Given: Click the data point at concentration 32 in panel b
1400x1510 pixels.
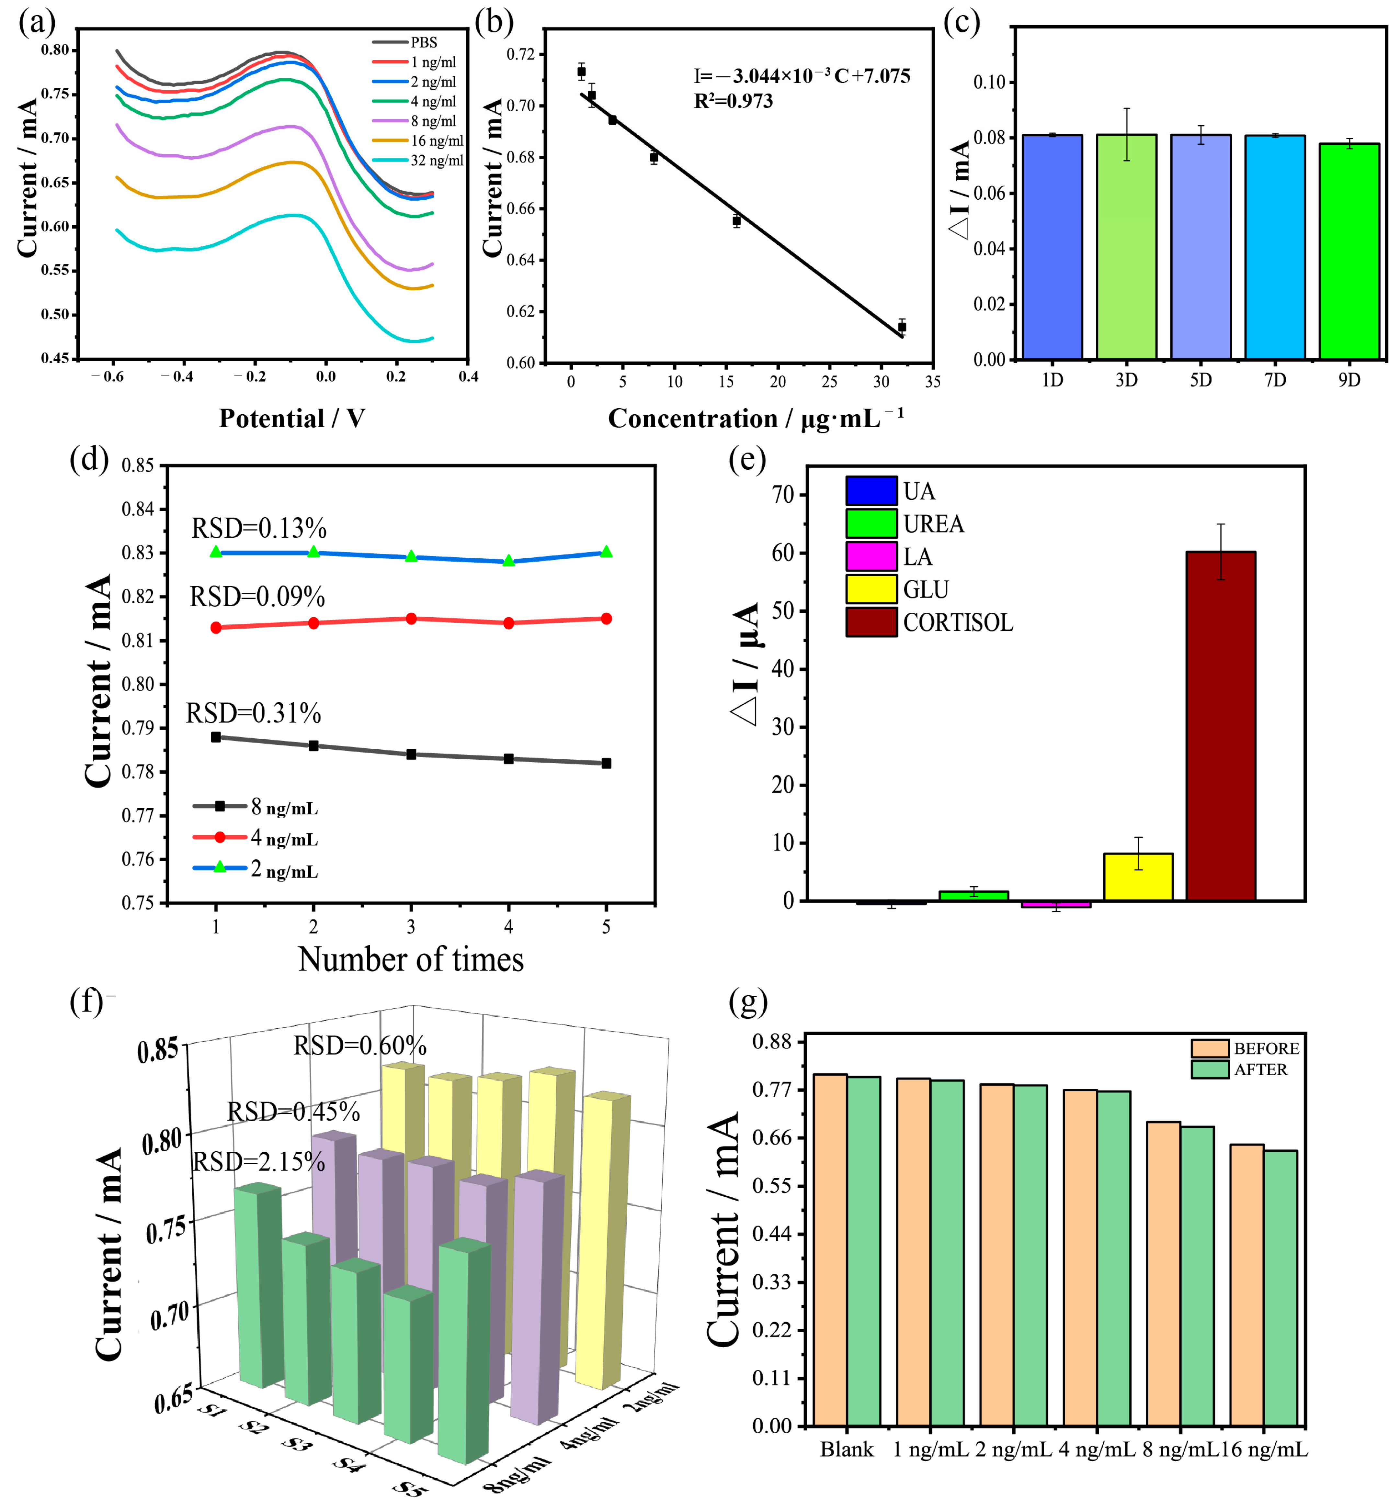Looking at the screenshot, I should pyautogui.click(x=902, y=327).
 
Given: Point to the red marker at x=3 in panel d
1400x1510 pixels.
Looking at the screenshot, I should pyautogui.click(x=411, y=619).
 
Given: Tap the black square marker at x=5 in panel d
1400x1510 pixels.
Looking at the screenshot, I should pyautogui.click(x=606, y=763).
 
